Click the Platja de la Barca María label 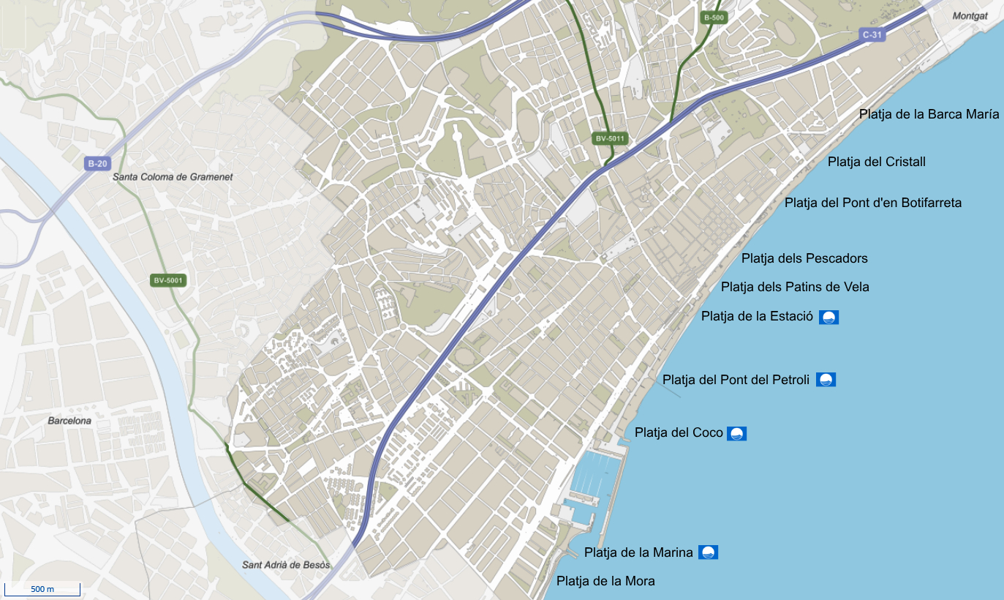[x=929, y=114]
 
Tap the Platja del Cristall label [x=876, y=162]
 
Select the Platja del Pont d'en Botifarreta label [x=872, y=203]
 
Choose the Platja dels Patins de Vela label [x=795, y=287]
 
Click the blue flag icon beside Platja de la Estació [x=829, y=317]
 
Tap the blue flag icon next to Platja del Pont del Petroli [x=826, y=380]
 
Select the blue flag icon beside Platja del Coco [x=736, y=433]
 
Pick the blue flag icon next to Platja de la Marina [x=708, y=552]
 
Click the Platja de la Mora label [x=605, y=581]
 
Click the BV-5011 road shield [x=611, y=138]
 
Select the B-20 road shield [x=97, y=163]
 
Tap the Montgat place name [x=970, y=15]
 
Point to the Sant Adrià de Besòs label [x=286, y=565]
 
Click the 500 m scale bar [x=42, y=589]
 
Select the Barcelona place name [x=69, y=421]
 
